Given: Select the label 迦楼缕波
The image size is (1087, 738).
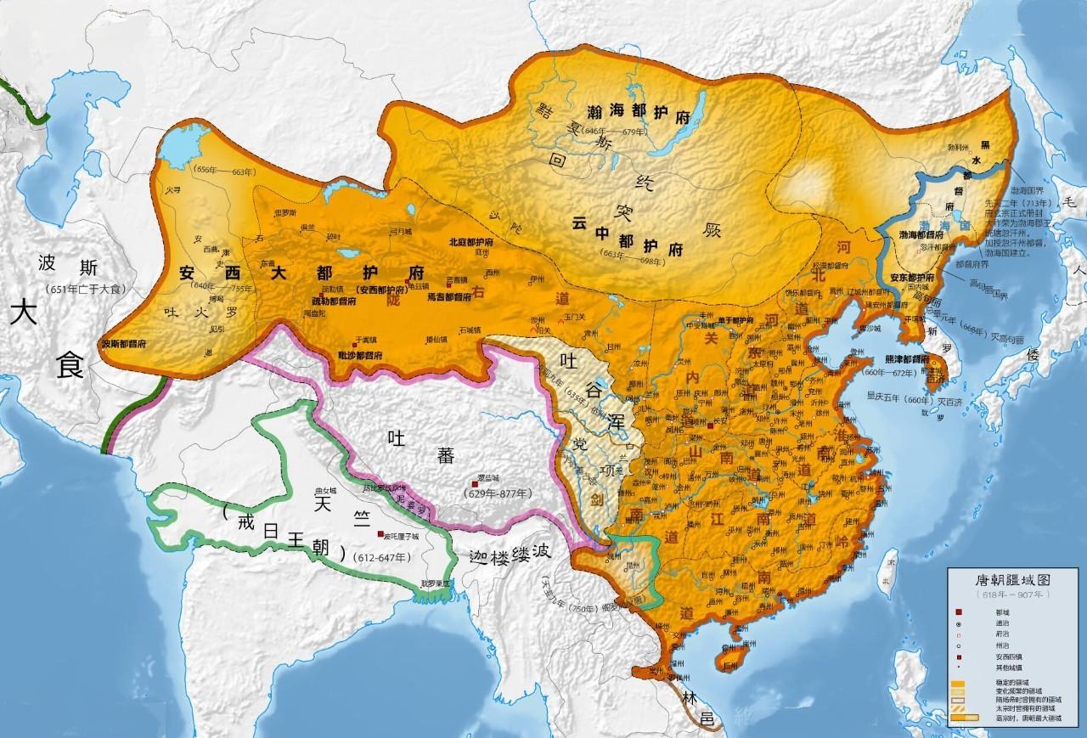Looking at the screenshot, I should (x=510, y=553).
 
